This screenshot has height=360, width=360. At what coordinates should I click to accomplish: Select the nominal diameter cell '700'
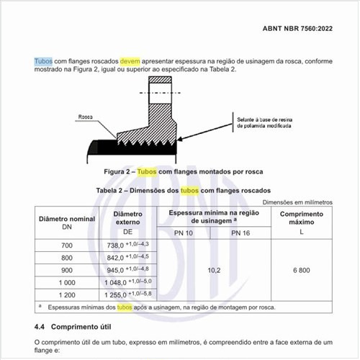pyautogui.click(x=67, y=246)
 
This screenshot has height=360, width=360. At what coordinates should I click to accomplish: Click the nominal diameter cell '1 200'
pyautogui.click(x=67, y=294)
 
